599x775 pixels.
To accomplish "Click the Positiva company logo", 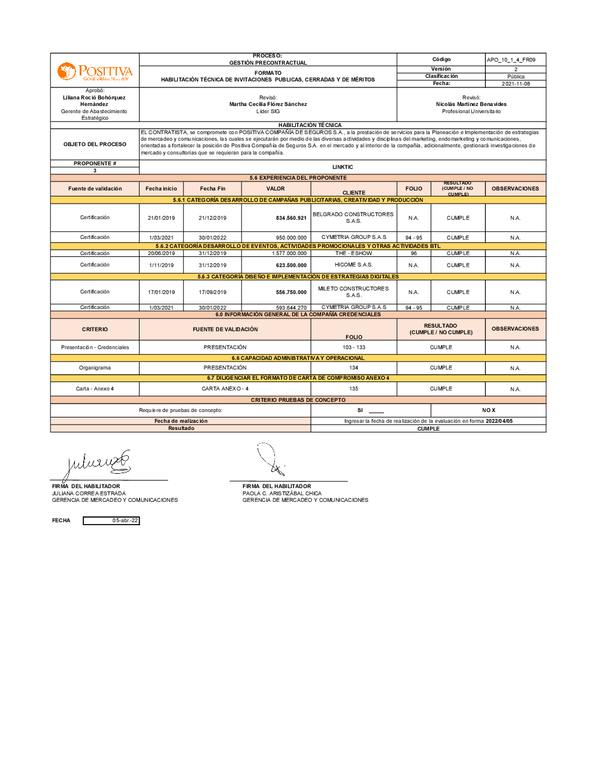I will point(95,72).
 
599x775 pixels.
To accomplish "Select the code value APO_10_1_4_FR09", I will point(511,60).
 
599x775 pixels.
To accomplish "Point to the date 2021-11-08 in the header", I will point(515,84).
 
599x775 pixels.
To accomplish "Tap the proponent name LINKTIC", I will point(343,167).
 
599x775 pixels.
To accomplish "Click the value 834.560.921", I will point(291,218).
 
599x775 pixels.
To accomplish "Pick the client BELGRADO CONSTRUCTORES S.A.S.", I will point(353,217).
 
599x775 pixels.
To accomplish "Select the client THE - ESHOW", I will point(353,253).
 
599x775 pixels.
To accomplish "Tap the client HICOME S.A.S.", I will point(353,265).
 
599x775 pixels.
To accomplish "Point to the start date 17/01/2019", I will point(161,292).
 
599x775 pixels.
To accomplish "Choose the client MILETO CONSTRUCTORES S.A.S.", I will point(353,292).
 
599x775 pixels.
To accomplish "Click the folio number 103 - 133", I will point(354,347).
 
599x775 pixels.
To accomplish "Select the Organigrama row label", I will point(95,368).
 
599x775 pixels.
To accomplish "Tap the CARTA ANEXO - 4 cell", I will point(225,389).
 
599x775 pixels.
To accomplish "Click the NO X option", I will point(489,410).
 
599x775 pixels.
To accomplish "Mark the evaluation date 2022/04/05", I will point(499,421).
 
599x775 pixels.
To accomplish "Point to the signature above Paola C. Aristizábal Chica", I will point(271,460).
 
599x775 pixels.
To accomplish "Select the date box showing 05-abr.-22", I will point(111,520).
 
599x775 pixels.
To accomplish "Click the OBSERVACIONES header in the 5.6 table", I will point(515,189).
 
